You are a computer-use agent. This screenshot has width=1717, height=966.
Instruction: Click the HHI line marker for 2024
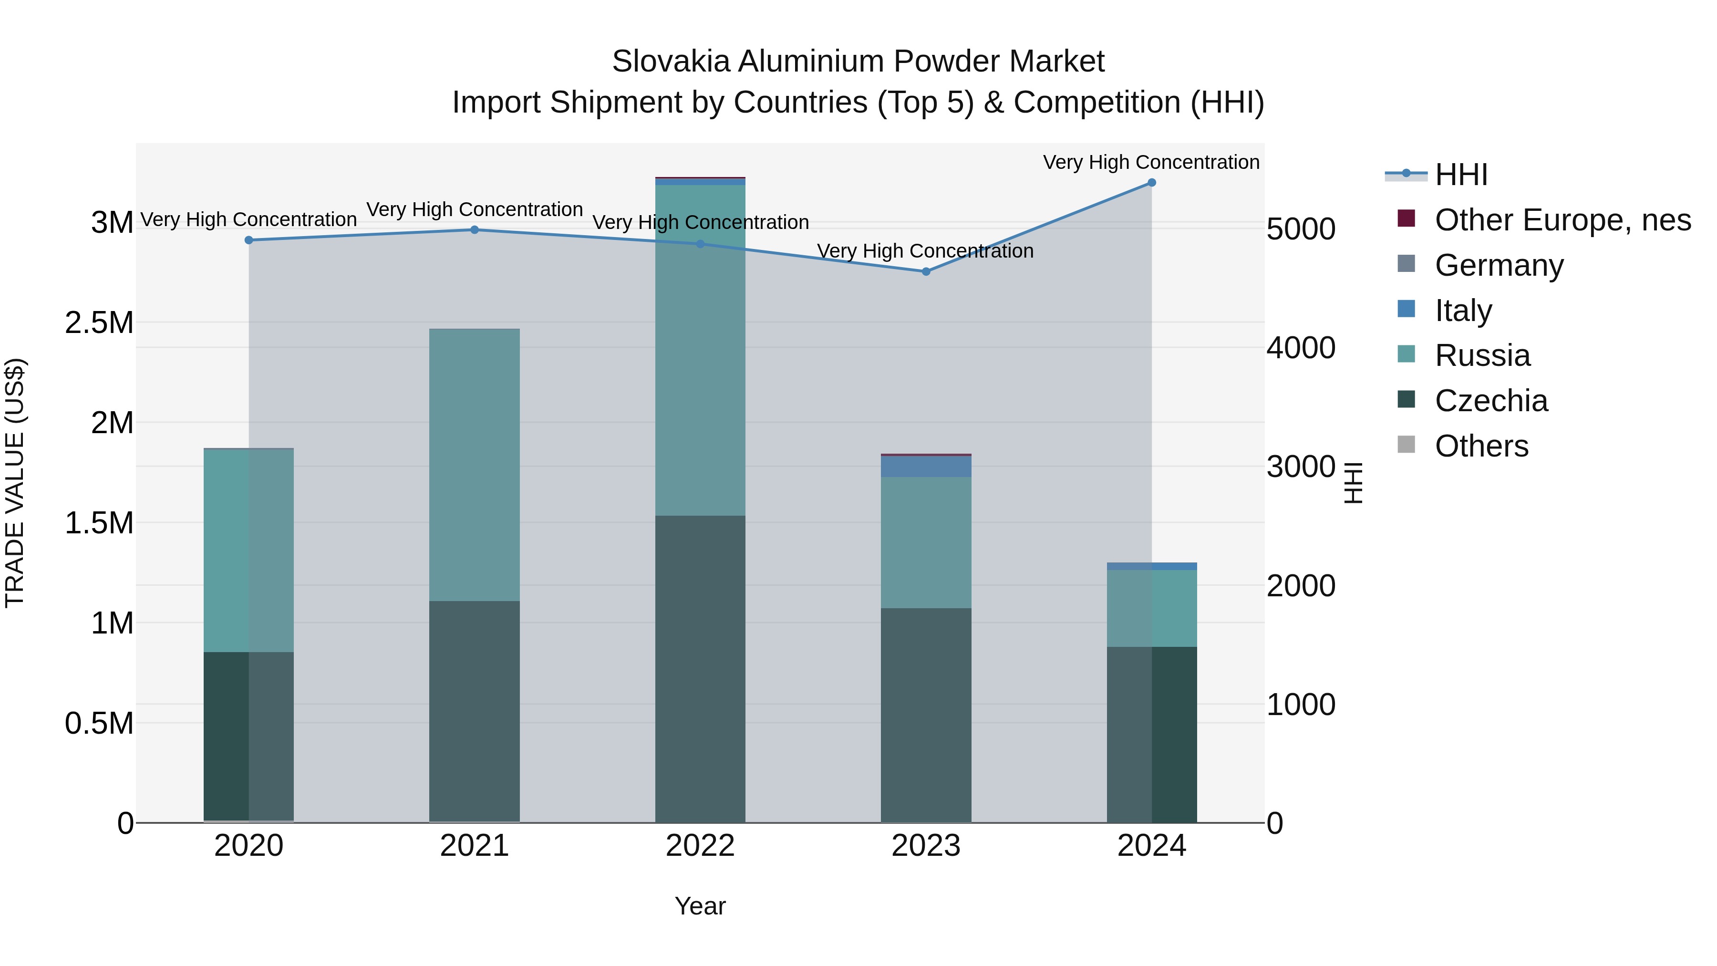tap(1151, 183)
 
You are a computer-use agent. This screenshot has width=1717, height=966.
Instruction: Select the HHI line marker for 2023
tap(925, 271)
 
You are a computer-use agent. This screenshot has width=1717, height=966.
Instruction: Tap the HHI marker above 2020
tap(248, 240)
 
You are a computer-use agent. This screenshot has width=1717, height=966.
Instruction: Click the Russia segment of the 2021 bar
tap(474, 465)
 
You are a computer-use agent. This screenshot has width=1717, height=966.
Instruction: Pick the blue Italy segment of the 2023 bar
tap(925, 467)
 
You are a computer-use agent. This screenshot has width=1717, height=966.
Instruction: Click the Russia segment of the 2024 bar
tap(1151, 608)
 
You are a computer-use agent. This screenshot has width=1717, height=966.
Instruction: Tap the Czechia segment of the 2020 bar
tap(248, 736)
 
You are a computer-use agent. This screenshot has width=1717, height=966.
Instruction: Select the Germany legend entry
tap(1499, 265)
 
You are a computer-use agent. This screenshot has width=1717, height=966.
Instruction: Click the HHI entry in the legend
tap(1460, 175)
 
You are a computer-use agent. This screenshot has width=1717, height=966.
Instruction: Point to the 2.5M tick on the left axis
tap(99, 322)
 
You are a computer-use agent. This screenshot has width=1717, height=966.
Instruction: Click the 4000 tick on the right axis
tap(1301, 348)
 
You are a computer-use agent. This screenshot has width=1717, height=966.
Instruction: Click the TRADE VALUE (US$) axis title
tap(15, 483)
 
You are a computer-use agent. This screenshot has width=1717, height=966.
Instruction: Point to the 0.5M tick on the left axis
tap(99, 723)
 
